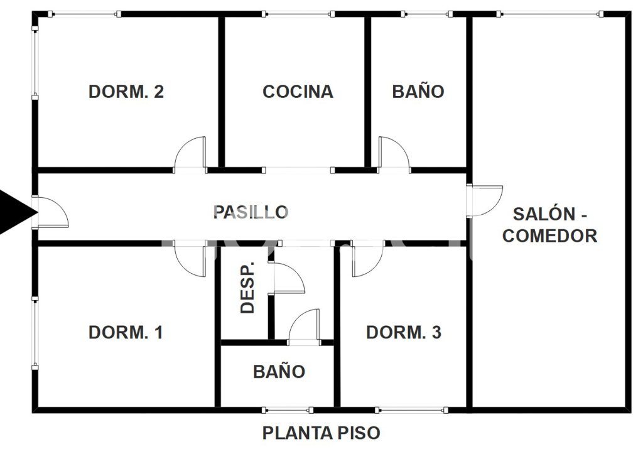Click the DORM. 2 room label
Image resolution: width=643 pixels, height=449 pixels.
tap(126, 92)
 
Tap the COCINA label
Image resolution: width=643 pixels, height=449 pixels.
tap(298, 92)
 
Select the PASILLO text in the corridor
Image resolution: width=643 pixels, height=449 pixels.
tap(251, 212)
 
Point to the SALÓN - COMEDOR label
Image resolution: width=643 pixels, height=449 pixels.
tap(549, 225)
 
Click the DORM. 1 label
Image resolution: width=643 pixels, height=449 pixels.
tap(126, 332)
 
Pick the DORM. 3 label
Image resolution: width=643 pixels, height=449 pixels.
tap(404, 332)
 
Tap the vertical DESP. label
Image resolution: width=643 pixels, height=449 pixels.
tap(247, 288)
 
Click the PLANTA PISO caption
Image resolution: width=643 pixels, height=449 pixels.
tap(321, 433)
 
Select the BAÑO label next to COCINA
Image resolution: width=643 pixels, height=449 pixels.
tap(418, 92)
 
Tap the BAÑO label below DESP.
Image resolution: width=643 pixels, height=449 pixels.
tap(279, 372)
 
